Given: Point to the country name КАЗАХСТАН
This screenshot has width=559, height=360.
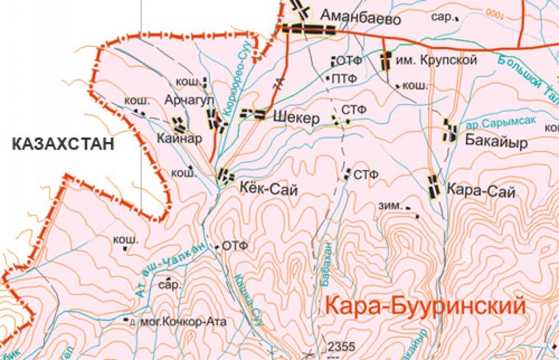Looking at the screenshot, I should coord(62,145).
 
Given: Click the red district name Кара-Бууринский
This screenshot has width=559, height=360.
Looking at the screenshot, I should coord(425,305).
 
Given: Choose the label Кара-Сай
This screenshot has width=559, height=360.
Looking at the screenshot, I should coord(480,189).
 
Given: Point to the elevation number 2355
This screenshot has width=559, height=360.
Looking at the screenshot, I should coord(342,346).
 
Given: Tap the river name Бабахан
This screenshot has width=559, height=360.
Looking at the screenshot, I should coord(326,264).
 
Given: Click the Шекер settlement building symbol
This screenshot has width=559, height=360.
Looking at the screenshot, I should coord(252,114).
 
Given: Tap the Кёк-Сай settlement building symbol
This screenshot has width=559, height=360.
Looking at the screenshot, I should coord(225,175).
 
